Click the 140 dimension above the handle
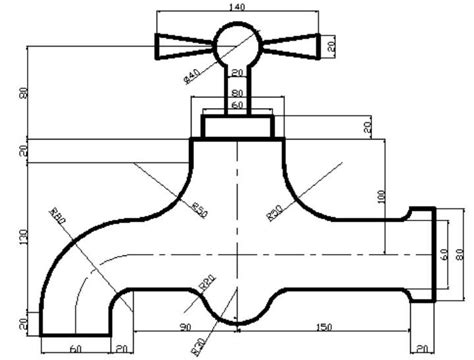click(x=236, y=8)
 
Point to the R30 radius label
click(x=274, y=211)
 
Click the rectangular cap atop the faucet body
click(x=236, y=126)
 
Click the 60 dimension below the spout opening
click(x=74, y=349)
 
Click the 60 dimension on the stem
click(x=236, y=104)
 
